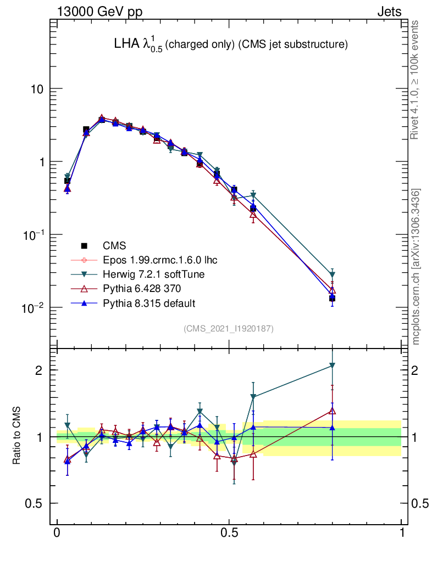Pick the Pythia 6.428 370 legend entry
click(x=141, y=289)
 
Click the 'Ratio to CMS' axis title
click(x=16, y=436)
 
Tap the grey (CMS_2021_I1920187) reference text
click(x=229, y=328)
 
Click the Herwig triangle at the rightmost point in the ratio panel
click(x=332, y=366)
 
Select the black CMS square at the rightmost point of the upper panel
click(x=332, y=298)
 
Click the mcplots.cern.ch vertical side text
click(x=417, y=266)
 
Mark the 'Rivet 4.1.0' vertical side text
click(x=416, y=80)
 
